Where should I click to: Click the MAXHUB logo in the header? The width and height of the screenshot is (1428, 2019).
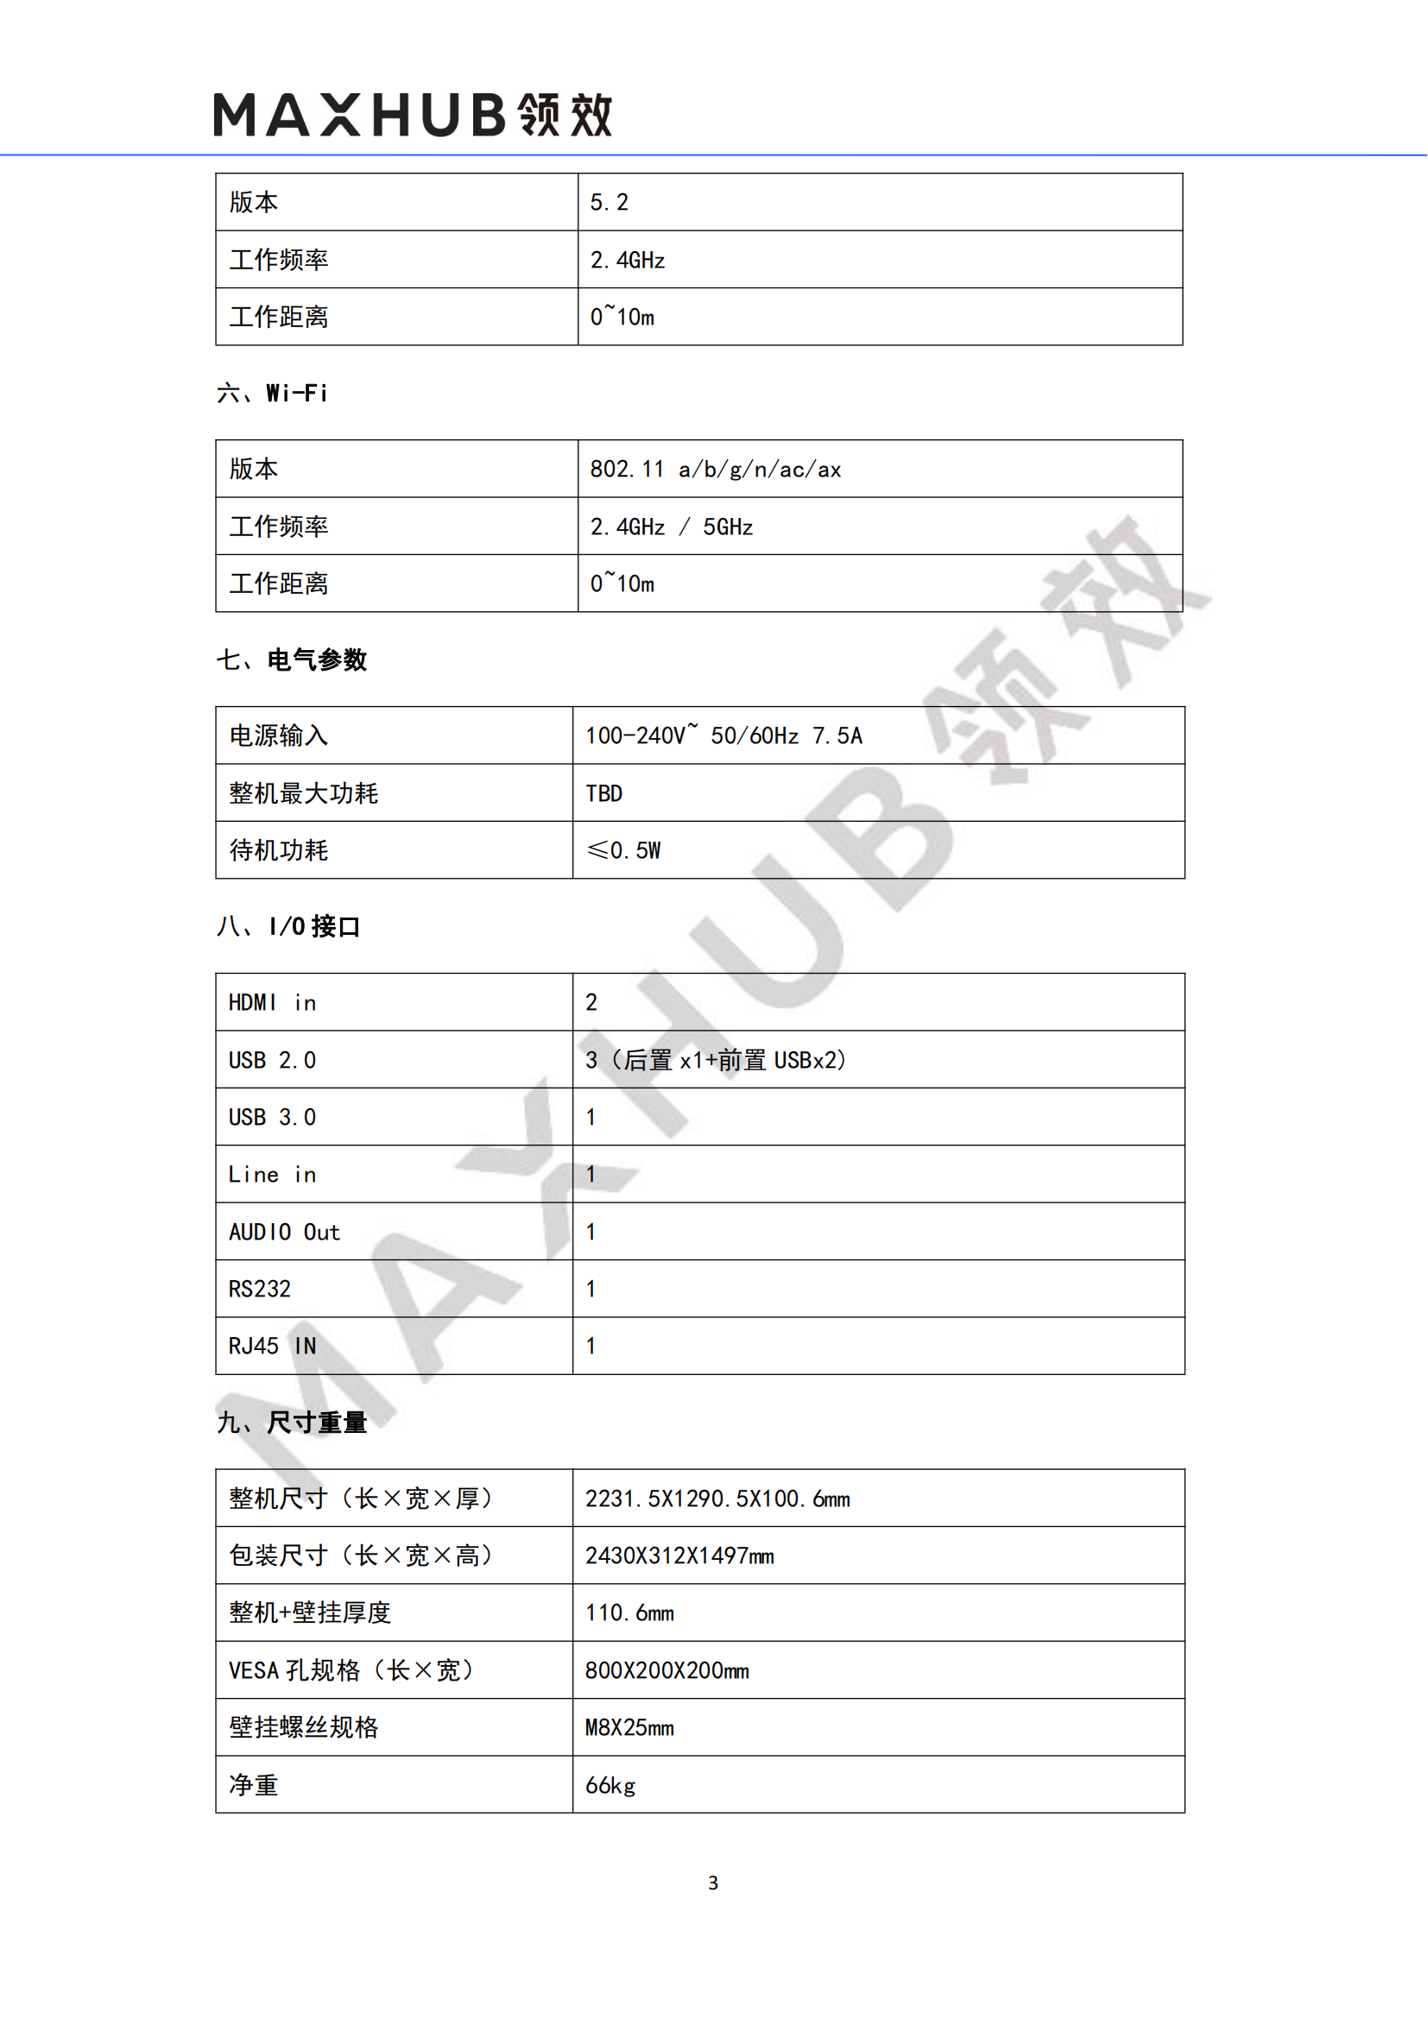point(413,115)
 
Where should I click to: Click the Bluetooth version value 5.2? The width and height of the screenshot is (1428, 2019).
point(610,203)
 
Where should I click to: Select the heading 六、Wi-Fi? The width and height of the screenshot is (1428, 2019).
point(273,393)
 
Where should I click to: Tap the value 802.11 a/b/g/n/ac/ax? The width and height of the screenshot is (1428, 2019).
point(715,470)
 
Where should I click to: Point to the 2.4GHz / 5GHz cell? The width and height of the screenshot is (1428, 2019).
point(671,527)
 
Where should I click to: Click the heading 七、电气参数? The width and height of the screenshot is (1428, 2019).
point(292,659)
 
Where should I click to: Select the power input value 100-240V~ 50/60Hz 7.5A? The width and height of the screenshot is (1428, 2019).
point(723,736)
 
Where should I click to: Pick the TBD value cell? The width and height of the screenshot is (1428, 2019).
point(604,794)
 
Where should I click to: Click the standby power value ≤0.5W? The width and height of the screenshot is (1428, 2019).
point(623,850)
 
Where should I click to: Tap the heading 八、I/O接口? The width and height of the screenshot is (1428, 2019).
point(288,927)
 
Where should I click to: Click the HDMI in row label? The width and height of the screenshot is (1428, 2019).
point(272,1003)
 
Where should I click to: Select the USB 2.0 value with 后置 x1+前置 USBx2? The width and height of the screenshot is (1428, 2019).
point(715,1061)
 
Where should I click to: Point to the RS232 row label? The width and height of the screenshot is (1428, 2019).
point(259,1289)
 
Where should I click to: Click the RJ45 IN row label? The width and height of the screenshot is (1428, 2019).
point(272,1347)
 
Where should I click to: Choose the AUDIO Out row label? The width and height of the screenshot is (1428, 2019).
point(284,1232)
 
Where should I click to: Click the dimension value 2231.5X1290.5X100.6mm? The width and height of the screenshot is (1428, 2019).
point(717,1499)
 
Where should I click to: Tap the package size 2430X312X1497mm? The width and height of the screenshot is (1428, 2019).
point(679,1556)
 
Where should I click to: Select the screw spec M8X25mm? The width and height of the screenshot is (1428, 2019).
point(629,1728)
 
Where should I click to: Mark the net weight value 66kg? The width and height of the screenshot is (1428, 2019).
point(610,1786)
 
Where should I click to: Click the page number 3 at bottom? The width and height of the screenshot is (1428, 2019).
point(713,1883)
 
